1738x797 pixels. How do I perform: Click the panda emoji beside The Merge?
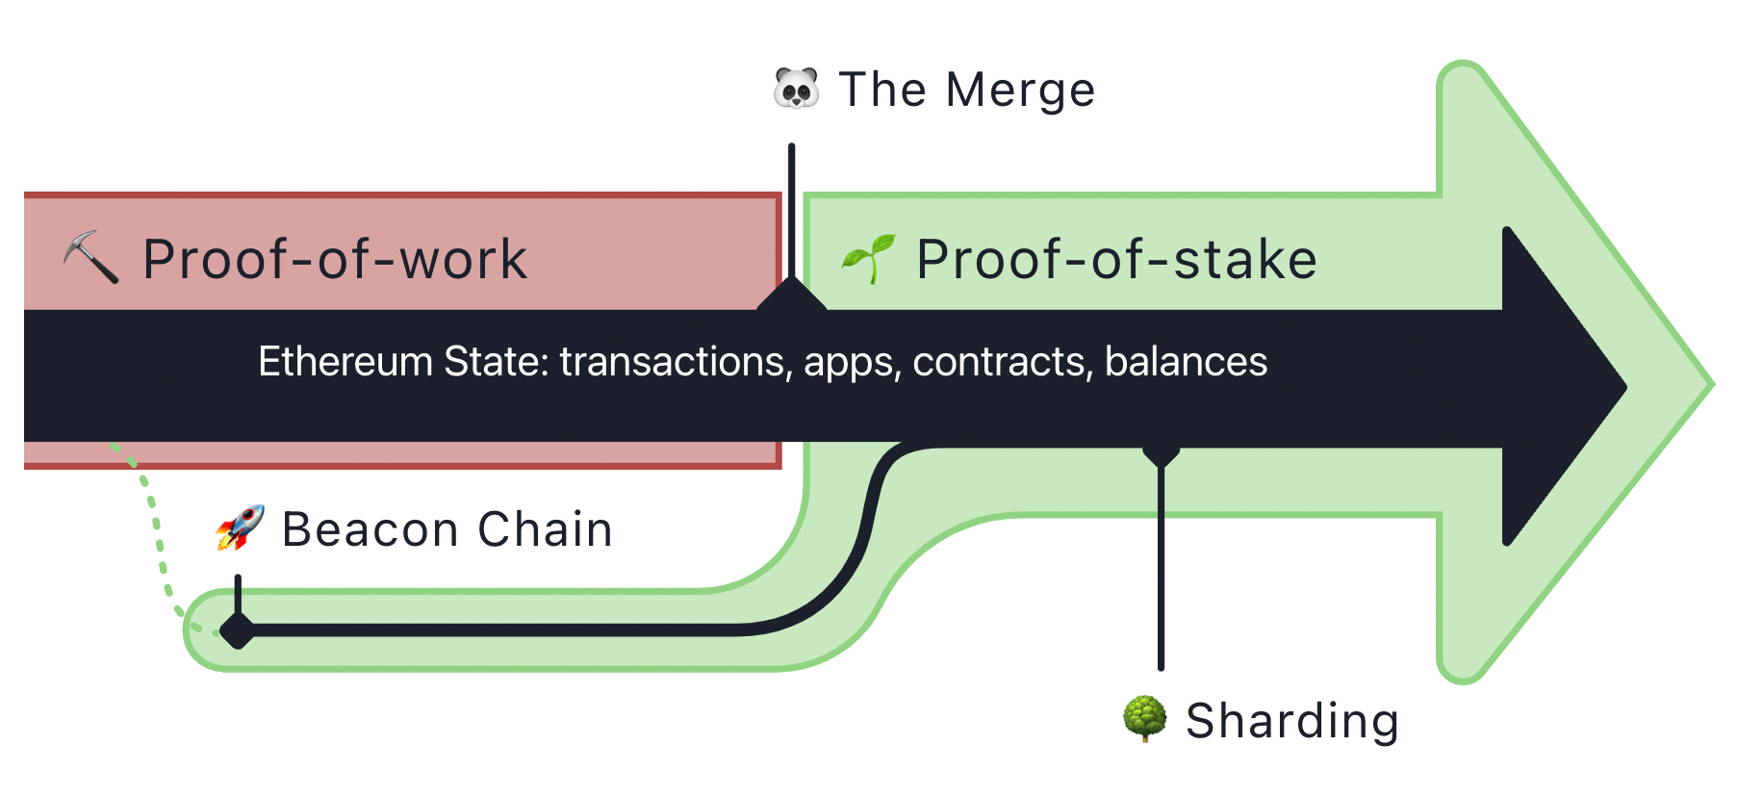click(x=796, y=90)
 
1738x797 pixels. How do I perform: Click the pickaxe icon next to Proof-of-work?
click(x=91, y=257)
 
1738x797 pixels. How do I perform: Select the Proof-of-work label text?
click(x=335, y=260)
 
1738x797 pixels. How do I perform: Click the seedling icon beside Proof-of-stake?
click(x=868, y=258)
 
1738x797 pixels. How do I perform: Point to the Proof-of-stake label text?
click(x=1116, y=260)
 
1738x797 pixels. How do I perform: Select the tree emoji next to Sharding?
click(x=1144, y=719)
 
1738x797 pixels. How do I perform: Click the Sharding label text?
click(x=1291, y=721)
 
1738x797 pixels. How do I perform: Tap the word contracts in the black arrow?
click(x=1002, y=362)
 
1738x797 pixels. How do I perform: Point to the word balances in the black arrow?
click(x=1186, y=362)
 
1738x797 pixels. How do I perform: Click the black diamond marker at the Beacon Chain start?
click(x=237, y=631)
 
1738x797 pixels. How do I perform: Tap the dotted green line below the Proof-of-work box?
click(x=153, y=525)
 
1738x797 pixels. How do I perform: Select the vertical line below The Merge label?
click(x=791, y=212)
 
